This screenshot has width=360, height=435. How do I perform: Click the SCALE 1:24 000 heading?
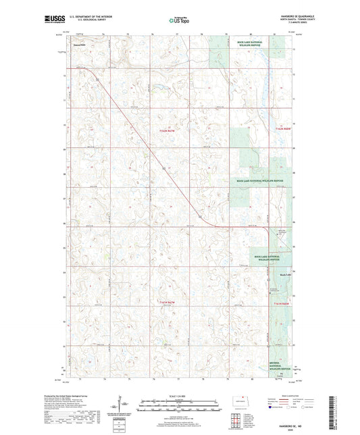tap(179, 394)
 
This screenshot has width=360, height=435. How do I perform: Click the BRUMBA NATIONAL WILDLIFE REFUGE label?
tap(278, 351)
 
